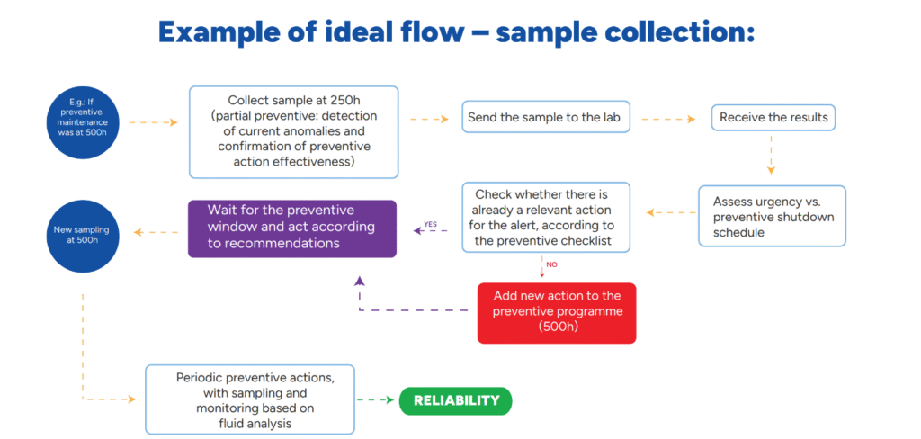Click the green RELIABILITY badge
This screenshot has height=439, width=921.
click(455, 401)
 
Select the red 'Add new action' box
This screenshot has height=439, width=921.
click(557, 313)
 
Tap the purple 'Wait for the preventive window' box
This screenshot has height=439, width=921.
click(292, 228)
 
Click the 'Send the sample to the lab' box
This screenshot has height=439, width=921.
click(546, 118)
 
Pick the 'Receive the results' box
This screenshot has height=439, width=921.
click(773, 118)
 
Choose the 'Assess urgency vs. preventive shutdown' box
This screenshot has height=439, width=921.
click(773, 216)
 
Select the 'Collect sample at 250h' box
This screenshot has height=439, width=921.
click(294, 132)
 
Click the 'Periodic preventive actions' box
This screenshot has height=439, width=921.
click(250, 399)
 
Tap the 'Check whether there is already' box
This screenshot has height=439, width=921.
click(546, 218)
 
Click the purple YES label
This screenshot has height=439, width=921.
click(430, 224)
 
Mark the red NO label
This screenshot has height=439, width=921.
click(551, 264)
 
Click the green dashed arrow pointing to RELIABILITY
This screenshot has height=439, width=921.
click(375, 400)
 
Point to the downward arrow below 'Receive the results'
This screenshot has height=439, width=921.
click(771, 155)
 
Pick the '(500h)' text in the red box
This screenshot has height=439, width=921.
click(557, 327)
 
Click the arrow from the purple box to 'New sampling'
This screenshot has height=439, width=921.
click(156, 232)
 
